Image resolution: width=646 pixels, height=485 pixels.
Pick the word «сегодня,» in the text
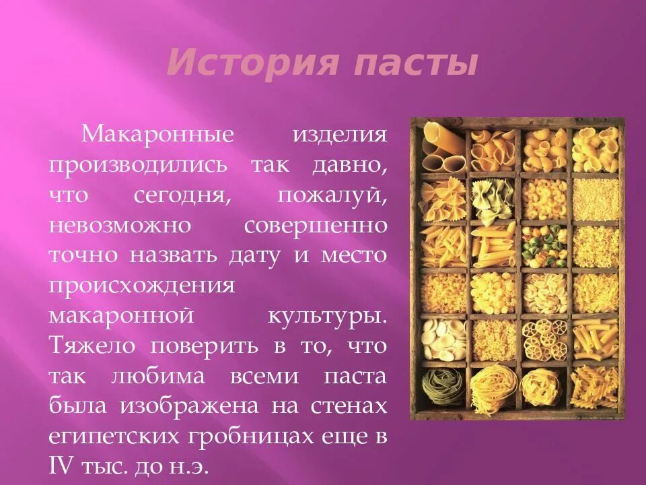click(178, 195)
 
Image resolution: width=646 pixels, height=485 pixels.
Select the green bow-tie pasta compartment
click(492, 197)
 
